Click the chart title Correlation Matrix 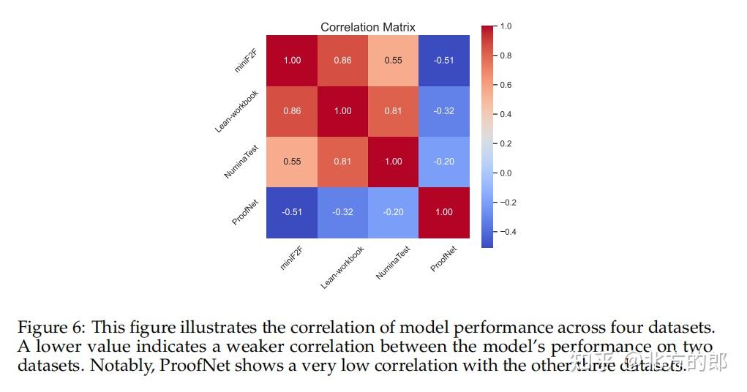coord(367,27)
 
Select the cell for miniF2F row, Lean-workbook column coord(342,60)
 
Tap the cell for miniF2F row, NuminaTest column coord(393,60)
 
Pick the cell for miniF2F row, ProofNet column coord(443,60)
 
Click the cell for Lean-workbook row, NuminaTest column coord(393,111)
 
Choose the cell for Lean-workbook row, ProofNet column coord(443,111)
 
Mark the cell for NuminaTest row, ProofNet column coord(443,162)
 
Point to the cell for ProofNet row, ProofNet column coord(443,212)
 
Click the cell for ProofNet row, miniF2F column coord(292,212)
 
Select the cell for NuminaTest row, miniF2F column coord(292,162)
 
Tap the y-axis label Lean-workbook coord(238,111)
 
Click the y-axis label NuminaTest coord(242,162)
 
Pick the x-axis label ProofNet coord(443,258)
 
